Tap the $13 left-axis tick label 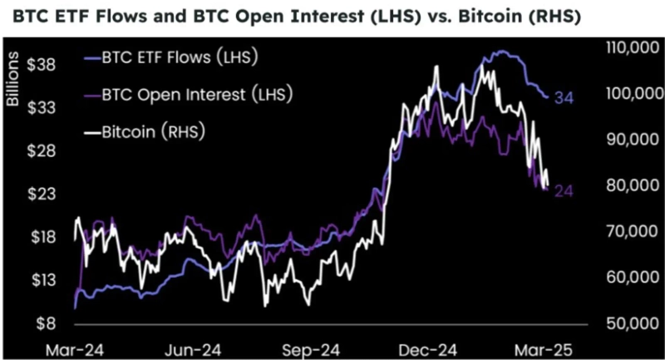tap(42, 279)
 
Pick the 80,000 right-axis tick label tap(628, 185)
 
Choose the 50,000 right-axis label tap(628, 323)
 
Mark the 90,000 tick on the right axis tap(628, 140)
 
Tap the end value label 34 tap(565, 98)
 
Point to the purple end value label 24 tap(564, 192)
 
